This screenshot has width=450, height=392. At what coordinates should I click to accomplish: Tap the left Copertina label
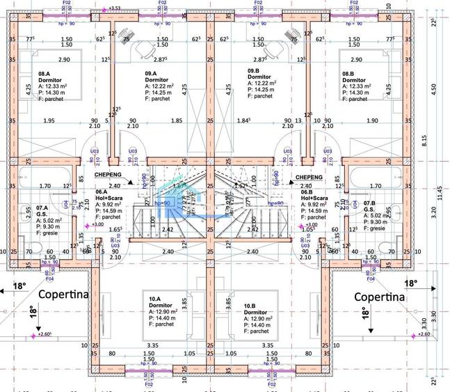[x=64, y=294]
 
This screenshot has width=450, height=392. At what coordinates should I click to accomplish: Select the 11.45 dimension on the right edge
[x=440, y=188]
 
